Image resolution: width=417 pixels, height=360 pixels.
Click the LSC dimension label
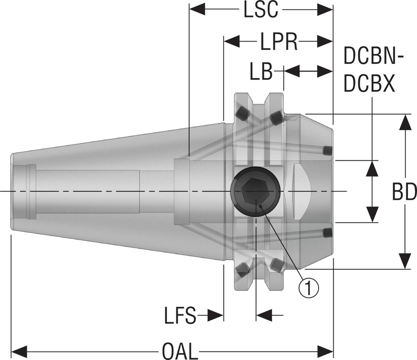click(261, 11)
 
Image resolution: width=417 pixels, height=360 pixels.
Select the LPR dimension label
click(279, 41)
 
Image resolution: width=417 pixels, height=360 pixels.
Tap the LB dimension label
click(261, 72)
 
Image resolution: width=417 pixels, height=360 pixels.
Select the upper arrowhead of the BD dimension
click(405, 122)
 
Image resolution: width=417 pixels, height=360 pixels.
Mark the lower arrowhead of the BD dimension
click(405, 260)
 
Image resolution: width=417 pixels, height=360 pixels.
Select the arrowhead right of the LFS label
click(216, 315)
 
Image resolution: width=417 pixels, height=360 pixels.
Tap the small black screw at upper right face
click(327, 151)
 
